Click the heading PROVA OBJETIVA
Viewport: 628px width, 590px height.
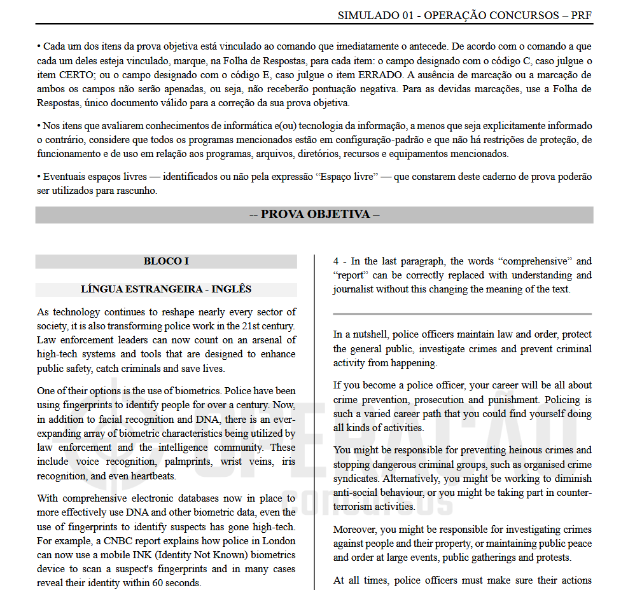click(314, 214)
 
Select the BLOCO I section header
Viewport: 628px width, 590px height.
click(166, 261)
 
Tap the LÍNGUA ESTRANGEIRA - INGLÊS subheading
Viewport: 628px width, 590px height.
click(166, 289)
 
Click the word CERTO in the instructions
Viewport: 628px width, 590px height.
click(57, 75)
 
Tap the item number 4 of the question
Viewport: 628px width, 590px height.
click(336, 261)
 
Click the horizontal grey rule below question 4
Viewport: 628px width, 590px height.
click(462, 314)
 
